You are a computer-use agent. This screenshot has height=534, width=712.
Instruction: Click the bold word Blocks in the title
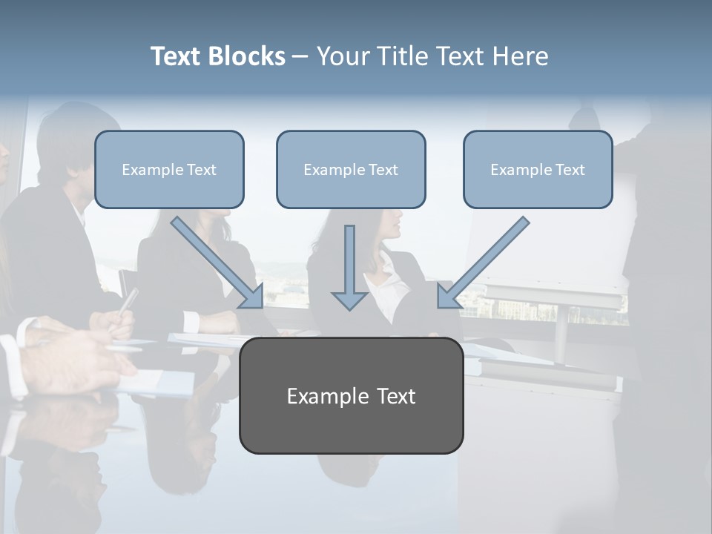(248, 56)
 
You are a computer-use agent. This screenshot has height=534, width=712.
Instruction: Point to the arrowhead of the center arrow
(350, 300)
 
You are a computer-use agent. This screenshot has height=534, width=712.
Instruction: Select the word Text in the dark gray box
(397, 396)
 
